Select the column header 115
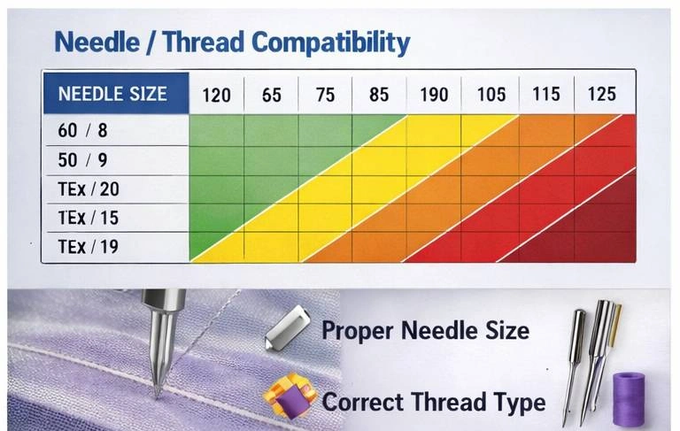pyautogui.click(x=546, y=94)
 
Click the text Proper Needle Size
pyautogui.click(x=425, y=332)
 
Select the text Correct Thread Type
pyautogui.click(x=433, y=403)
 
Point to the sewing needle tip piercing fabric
pyautogui.click(x=157, y=389)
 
